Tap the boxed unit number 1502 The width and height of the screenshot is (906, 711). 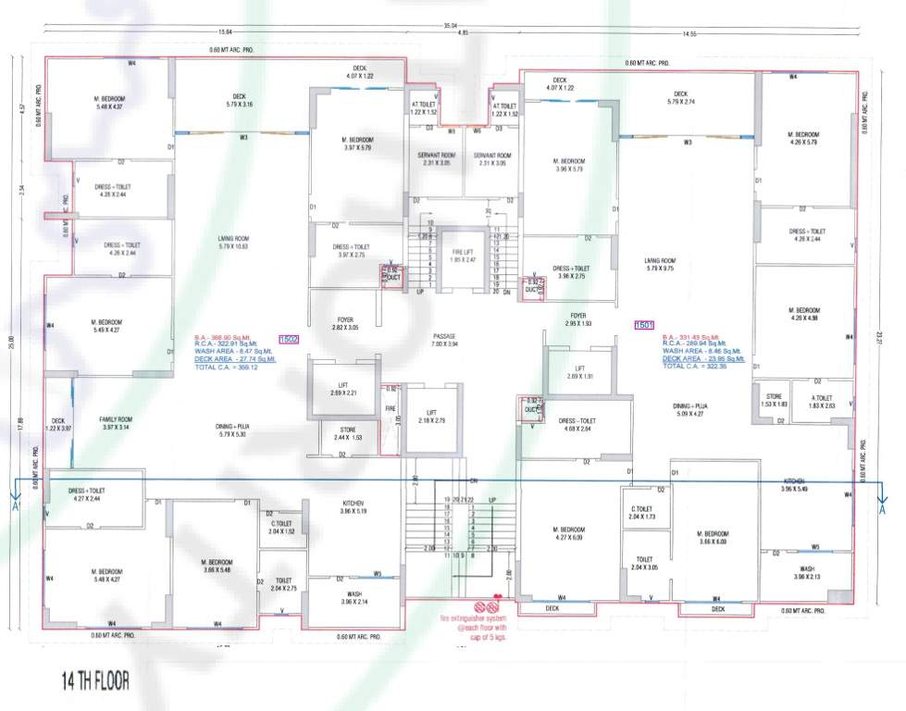(289, 340)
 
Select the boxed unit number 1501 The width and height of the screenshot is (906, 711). (644, 325)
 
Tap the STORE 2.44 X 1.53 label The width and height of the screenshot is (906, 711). (347, 433)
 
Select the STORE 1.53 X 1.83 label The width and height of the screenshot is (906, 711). (774, 401)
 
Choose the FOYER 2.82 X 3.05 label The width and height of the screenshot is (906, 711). (345, 324)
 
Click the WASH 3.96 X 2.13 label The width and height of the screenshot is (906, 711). (807, 573)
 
